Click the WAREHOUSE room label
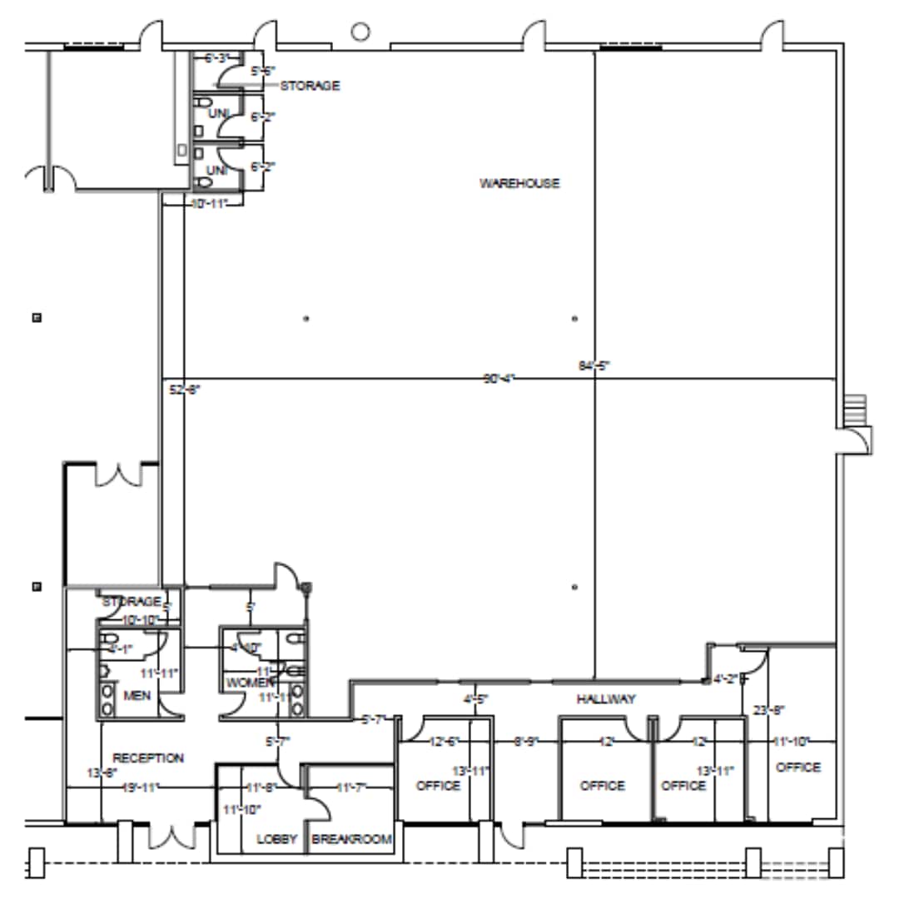pos(519,183)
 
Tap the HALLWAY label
pos(606,700)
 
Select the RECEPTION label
pos(147,758)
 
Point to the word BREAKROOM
pos(351,839)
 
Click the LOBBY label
pos(277,839)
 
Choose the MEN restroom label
pos(136,695)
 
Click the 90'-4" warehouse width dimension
pos(499,379)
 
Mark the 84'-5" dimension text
pos(594,365)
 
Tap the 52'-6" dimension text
pos(184,389)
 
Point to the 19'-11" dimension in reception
pos(140,787)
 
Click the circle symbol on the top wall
pos(360,32)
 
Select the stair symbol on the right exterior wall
pos(854,409)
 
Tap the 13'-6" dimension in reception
pos(98,772)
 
